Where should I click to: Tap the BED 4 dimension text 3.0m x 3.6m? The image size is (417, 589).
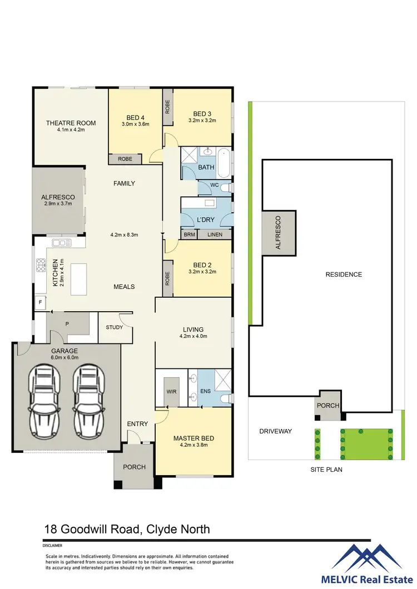136,124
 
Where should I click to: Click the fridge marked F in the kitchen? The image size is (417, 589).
40,303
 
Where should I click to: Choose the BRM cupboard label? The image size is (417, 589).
190,234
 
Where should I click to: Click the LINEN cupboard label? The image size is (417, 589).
215,234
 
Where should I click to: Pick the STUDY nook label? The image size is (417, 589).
115,327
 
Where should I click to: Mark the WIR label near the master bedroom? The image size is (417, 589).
171,391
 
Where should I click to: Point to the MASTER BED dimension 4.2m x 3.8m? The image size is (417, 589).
193,446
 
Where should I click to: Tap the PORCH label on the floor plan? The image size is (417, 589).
134,467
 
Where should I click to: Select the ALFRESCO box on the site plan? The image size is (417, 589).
279,232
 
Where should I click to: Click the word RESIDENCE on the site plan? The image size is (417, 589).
344,274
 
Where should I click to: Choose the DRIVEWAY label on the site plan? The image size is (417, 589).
275,431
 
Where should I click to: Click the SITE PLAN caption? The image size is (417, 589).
326,470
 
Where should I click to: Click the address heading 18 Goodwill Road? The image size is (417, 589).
127,529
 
